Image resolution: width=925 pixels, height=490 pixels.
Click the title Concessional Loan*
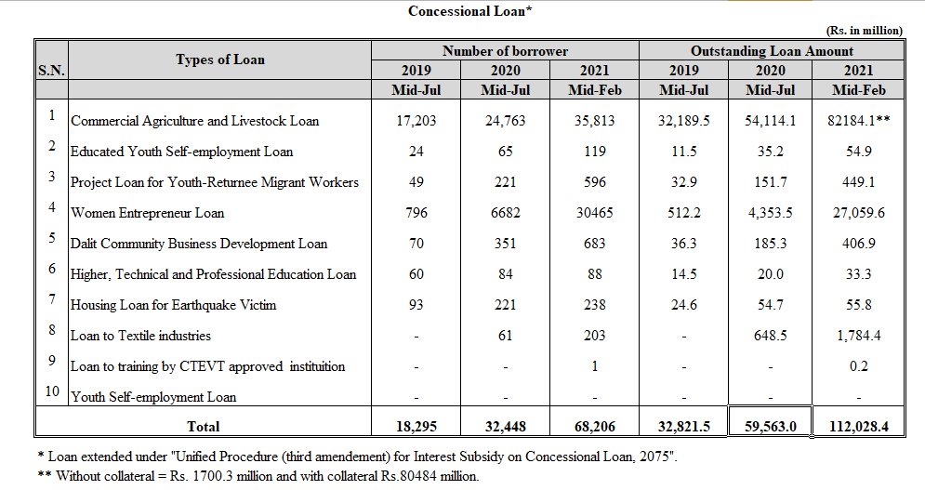(470, 11)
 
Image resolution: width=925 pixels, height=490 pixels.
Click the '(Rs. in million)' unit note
(864, 31)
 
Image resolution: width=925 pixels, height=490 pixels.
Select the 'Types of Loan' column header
(220, 60)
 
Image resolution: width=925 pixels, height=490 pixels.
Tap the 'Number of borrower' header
(505, 51)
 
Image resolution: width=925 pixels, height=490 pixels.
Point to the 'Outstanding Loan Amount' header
(772, 51)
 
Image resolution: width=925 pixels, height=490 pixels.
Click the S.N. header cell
(51, 71)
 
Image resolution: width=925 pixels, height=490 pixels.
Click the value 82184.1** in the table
(858, 121)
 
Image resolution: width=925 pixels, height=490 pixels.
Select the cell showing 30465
(594, 213)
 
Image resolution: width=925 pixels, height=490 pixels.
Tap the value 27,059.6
(858, 213)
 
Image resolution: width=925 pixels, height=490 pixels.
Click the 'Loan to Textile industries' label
(140, 336)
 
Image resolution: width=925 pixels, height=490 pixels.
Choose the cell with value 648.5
(771, 336)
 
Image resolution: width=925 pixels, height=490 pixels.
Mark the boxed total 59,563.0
(771, 426)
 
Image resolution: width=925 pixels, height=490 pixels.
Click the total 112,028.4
(858, 426)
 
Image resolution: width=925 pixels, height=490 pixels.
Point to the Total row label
(203, 426)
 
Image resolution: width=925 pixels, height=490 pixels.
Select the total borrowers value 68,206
(594, 426)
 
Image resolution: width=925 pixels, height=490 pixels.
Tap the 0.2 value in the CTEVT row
(858, 366)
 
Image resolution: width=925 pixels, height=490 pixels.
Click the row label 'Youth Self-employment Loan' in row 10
(153, 397)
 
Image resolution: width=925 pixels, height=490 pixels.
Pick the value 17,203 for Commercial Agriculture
(416, 121)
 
